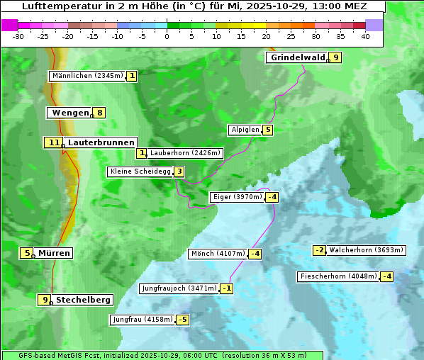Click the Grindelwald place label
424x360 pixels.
click(x=297, y=57)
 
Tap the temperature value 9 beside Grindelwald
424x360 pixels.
click(x=336, y=57)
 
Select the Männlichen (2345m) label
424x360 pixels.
click(x=88, y=75)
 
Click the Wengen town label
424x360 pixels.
click(x=70, y=113)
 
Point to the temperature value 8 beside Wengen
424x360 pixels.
click(x=100, y=113)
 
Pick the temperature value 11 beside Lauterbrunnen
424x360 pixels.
click(x=54, y=142)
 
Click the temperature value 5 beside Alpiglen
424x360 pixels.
click(x=267, y=130)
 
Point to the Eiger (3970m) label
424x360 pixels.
click(x=238, y=197)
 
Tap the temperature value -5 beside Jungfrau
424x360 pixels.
click(x=183, y=320)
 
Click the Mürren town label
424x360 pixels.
click(x=54, y=253)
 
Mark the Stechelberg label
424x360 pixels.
click(x=83, y=300)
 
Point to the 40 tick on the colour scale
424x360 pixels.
click(x=365, y=37)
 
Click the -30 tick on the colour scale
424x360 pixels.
click(x=18, y=37)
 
